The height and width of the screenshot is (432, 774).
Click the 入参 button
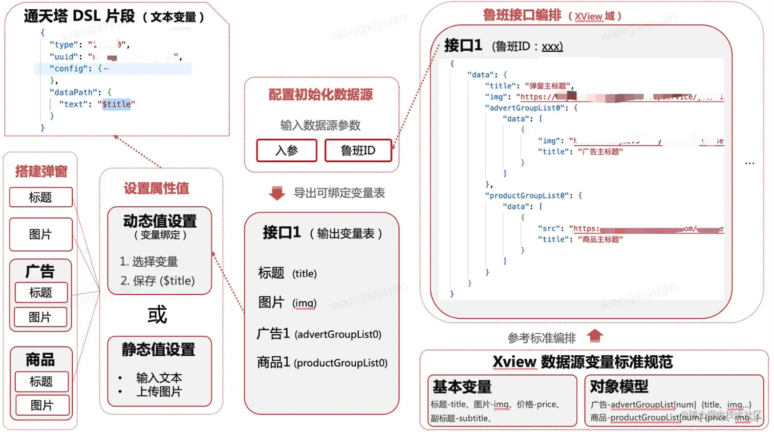coord(287,150)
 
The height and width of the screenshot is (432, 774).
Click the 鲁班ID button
coord(358,150)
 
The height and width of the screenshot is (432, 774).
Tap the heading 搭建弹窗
coord(41,171)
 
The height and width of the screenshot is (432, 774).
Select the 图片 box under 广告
coord(40,317)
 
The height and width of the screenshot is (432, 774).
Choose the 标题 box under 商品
coord(41,381)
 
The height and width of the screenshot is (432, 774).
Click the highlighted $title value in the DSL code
coord(117,104)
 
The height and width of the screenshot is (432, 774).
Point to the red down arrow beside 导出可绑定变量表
coord(277,193)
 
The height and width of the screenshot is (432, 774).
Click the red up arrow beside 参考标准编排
coord(595,336)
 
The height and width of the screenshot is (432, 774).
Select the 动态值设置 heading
coord(160,221)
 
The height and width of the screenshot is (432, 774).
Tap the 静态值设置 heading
coord(159,350)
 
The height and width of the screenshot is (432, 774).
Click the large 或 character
coord(157,315)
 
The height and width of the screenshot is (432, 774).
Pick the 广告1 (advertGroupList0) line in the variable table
coord(319,334)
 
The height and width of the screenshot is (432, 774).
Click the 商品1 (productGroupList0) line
coord(322,363)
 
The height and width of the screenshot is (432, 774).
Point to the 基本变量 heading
coord(462,386)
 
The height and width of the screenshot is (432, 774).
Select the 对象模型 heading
coord(619,386)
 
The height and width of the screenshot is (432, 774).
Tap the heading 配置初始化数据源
coord(321,95)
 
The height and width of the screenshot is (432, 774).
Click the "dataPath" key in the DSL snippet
coord(72,93)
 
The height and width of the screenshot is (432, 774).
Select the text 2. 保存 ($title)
coord(158,281)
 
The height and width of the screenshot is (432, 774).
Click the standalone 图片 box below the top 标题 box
coord(40,234)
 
